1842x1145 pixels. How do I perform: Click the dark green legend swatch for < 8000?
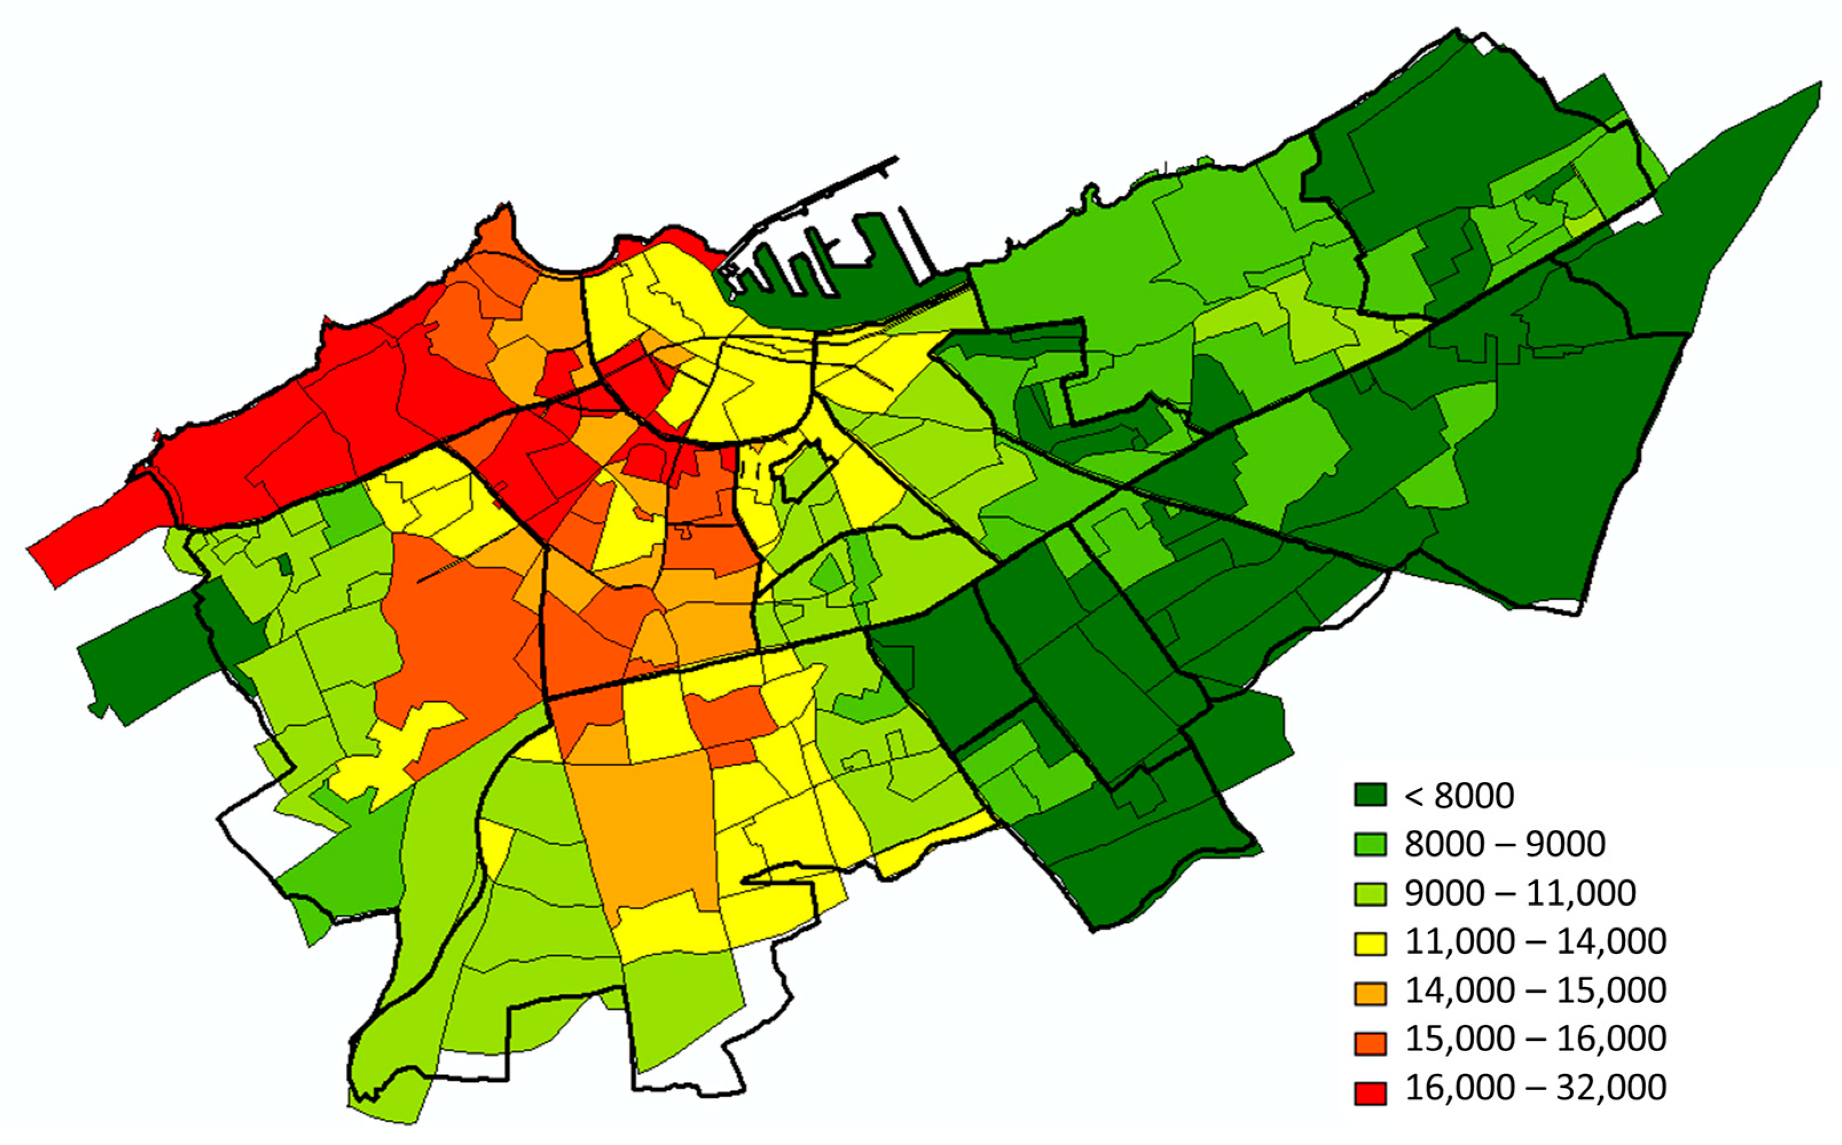[x=1370, y=795]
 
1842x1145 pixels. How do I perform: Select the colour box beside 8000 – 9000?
[x=1370, y=844]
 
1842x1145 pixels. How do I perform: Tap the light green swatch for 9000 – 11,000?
[x=1370, y=894]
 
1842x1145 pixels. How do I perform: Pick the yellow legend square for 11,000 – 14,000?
[x=1370, y=943]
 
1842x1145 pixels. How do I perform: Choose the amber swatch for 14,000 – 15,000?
[x=1370, y=992]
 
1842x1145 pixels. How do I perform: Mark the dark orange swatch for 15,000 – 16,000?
[x=1370, y=1042]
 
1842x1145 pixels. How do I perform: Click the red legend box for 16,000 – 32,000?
[x=1370, y=1092]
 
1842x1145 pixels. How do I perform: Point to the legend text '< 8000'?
[x=1459, y=796]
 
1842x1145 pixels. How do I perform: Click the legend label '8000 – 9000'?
[x=1505, y=844]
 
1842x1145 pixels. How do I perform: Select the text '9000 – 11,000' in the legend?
[x=1520, y=894]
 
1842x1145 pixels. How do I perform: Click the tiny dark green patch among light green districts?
[x=285, y=564]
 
